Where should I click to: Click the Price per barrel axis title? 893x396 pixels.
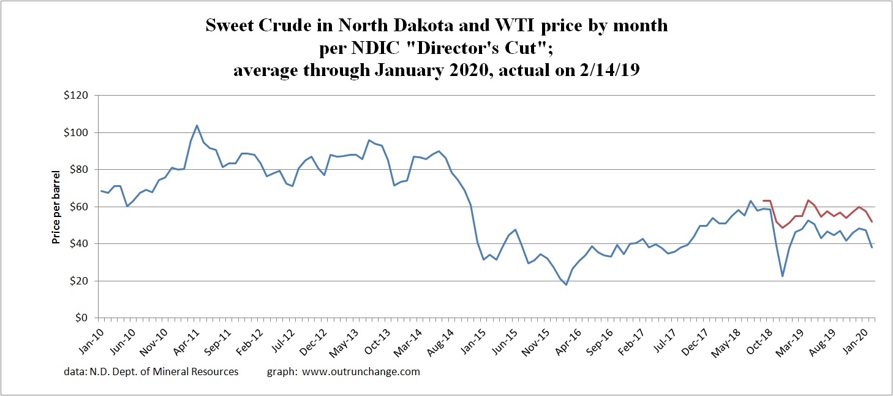coord(56,207)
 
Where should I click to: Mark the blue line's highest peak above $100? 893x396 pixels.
coord(197,125)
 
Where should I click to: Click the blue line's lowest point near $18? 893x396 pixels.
coord(566,284)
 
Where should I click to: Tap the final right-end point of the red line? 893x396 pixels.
coord(872,221)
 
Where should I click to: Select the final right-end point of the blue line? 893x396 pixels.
coord(872,247)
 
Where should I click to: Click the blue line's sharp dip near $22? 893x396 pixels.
coord(783,276)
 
